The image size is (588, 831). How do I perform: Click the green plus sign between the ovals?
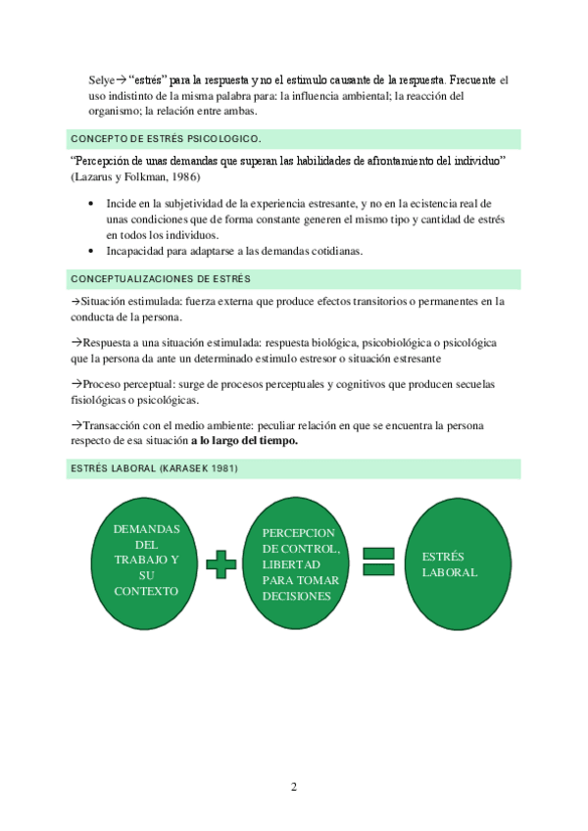221,564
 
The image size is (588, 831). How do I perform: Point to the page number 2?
293,787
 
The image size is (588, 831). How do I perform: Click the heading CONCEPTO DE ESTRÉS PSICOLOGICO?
166,138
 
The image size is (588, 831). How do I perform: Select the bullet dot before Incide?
90,203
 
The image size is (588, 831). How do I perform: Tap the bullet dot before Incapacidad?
90,251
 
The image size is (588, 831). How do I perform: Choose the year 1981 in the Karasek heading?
221,469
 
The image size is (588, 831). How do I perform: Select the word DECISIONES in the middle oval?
296,595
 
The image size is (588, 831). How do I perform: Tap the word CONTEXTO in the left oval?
146,591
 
